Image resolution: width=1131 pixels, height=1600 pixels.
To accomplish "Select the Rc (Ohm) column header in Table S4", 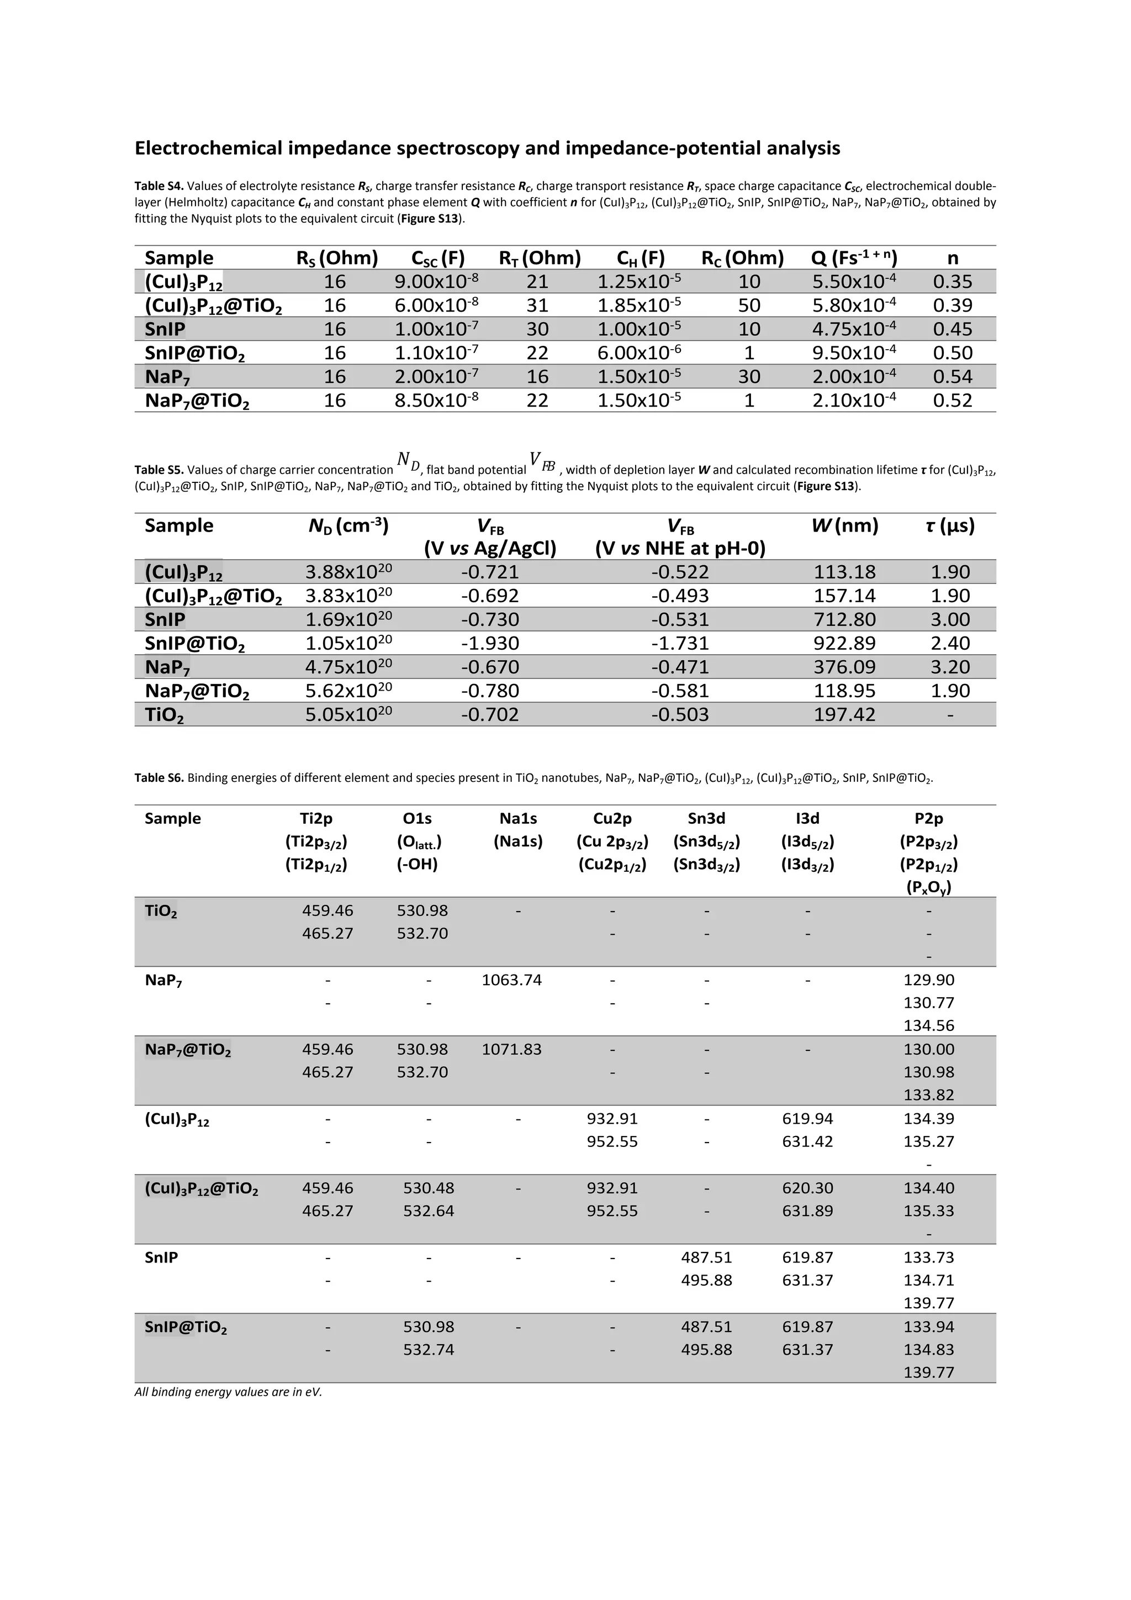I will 742,258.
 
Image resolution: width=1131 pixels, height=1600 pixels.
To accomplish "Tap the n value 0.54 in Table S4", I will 952,376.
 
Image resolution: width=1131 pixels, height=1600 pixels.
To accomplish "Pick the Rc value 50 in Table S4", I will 749,305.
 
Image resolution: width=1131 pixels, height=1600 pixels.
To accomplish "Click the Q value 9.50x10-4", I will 854,352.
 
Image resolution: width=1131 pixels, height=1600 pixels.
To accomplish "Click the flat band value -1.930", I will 490,643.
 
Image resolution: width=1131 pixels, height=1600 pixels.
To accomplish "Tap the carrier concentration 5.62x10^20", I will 348,691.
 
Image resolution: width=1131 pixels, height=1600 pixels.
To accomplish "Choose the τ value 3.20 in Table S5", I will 950,667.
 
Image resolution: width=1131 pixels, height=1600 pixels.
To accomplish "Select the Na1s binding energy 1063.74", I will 511,980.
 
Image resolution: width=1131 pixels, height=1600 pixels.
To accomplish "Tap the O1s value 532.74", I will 429,1349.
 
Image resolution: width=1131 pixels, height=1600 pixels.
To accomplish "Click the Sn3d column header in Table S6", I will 706,818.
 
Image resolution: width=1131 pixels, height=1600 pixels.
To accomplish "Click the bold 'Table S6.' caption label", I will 159,778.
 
